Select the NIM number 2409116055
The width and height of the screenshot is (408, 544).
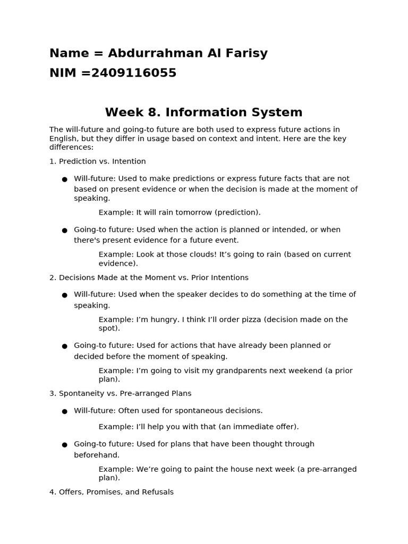133,73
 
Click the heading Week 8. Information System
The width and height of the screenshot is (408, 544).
203,113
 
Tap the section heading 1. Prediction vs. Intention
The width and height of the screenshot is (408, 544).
97,161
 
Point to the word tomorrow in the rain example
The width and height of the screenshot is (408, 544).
193,212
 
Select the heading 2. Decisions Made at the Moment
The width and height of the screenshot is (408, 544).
149,278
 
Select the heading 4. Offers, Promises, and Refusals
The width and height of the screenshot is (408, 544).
112,492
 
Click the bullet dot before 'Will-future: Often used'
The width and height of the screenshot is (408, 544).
64,411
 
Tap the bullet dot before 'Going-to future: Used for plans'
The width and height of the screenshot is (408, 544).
64,445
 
